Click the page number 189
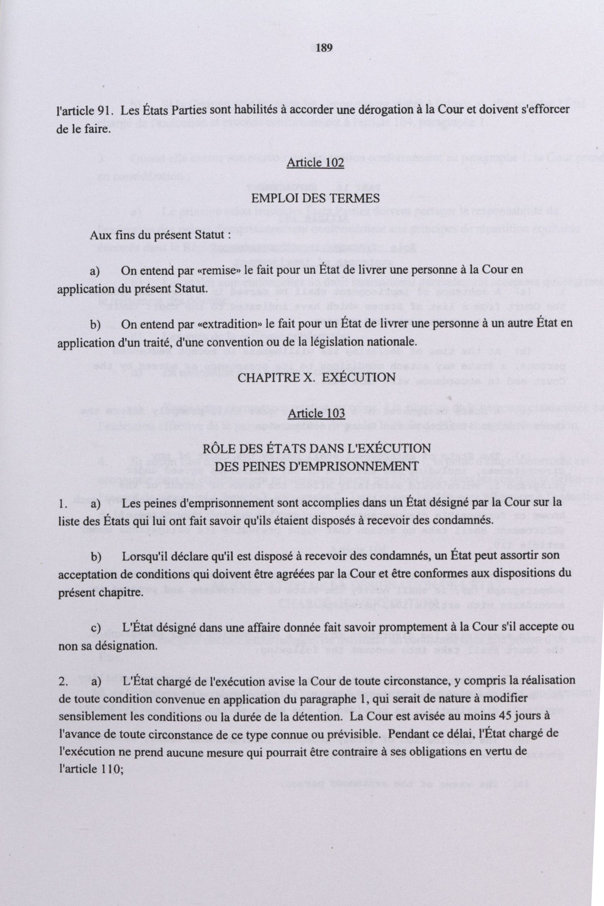[x=323, y=48]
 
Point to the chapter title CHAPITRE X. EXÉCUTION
[x=311, y=377]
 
